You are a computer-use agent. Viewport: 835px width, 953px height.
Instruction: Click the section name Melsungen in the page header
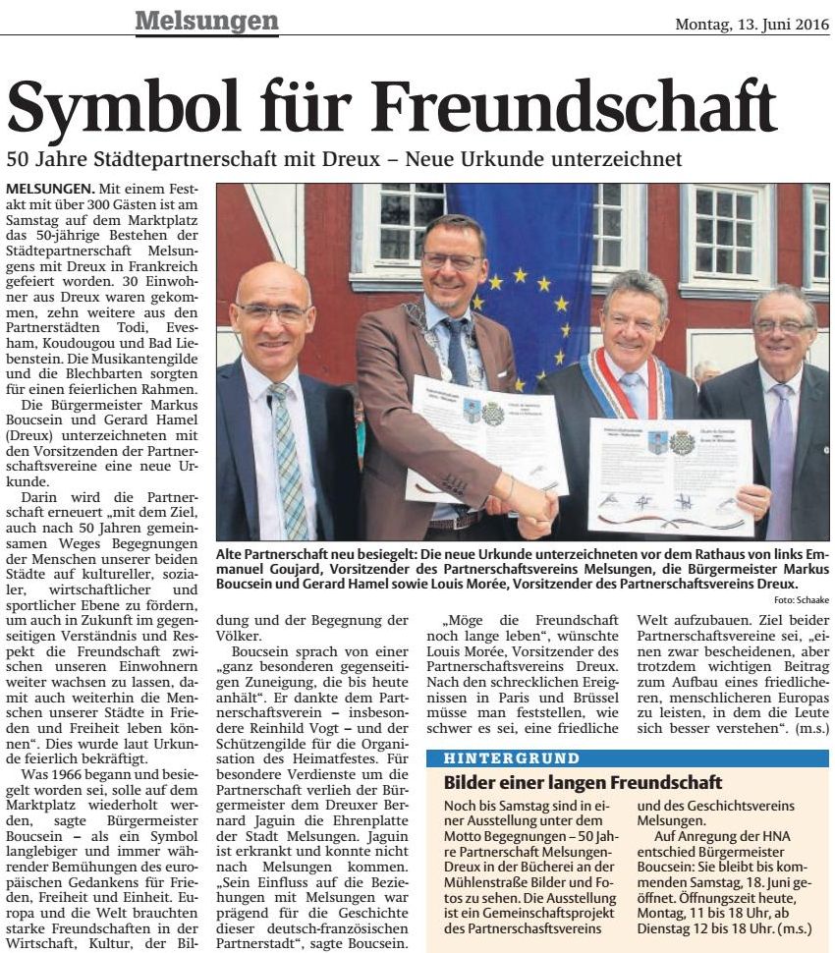tap(205, 20)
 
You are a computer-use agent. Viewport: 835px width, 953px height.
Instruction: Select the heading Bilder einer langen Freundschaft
tap(583, 783)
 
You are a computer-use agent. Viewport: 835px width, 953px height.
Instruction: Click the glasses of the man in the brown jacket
tap(451, 260)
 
